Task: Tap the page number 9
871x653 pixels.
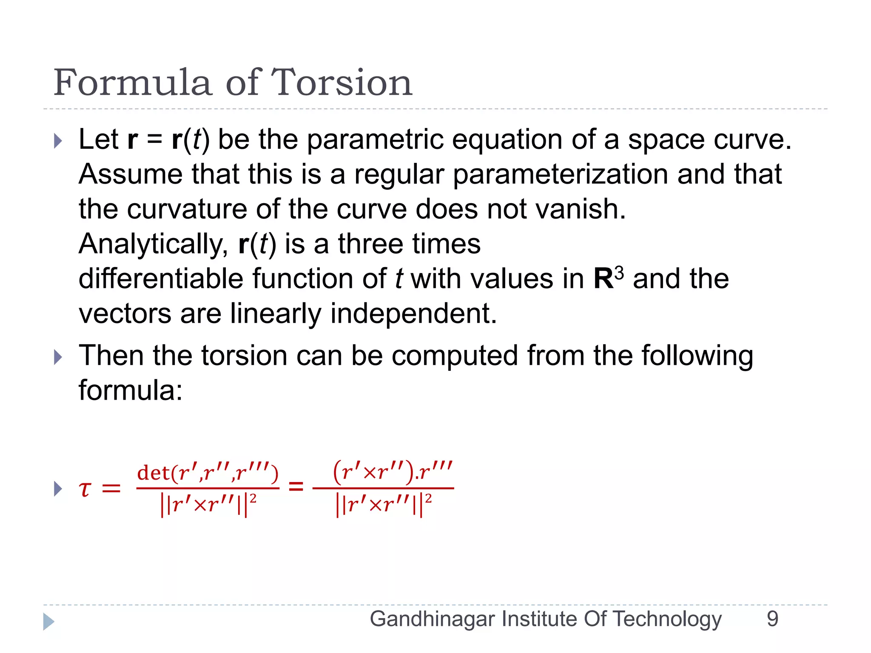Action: (772, 619)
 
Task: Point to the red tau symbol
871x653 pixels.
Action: (85, 489)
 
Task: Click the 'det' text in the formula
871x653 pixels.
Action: (154, 473)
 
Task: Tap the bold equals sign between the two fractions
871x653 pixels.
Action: (296, 487)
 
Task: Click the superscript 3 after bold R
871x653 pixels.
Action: (619, 273)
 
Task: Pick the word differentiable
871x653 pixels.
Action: (161, 279)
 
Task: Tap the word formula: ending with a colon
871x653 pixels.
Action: (131, 391)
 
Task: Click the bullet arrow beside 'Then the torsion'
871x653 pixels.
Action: (58, 357)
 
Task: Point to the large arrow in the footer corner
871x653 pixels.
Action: (49, 622)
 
